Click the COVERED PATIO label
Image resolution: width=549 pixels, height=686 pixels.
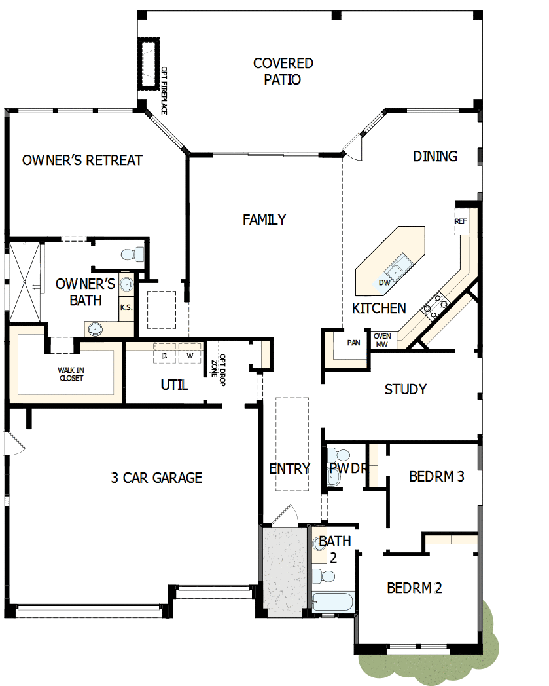(x=283, y=71)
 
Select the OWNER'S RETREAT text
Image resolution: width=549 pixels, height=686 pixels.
(x=82, y=161)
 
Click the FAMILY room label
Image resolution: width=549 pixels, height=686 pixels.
(x=264, y=219)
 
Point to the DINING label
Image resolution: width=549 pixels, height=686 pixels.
(x=434, y=156)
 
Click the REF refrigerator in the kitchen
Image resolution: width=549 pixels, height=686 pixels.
(x=461, y=221)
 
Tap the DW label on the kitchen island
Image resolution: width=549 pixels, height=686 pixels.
(x=385, y=283)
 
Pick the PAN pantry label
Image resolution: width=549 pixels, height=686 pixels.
(x=353, y=343)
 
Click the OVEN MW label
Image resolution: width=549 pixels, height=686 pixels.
(x=381, y=341)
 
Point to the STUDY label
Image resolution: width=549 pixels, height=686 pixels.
(x=405, y=390)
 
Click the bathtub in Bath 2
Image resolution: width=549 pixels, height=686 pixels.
(x=333, y=602)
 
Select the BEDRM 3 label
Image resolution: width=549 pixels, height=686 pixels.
(x=436, y=476)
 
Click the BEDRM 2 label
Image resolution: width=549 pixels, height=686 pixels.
(x=414, y=588)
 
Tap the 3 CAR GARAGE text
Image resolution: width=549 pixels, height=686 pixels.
(x=156, y=478)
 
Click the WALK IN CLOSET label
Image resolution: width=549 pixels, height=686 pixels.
(x=71, y=374)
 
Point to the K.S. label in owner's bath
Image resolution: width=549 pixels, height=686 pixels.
(x=126, y=307)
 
